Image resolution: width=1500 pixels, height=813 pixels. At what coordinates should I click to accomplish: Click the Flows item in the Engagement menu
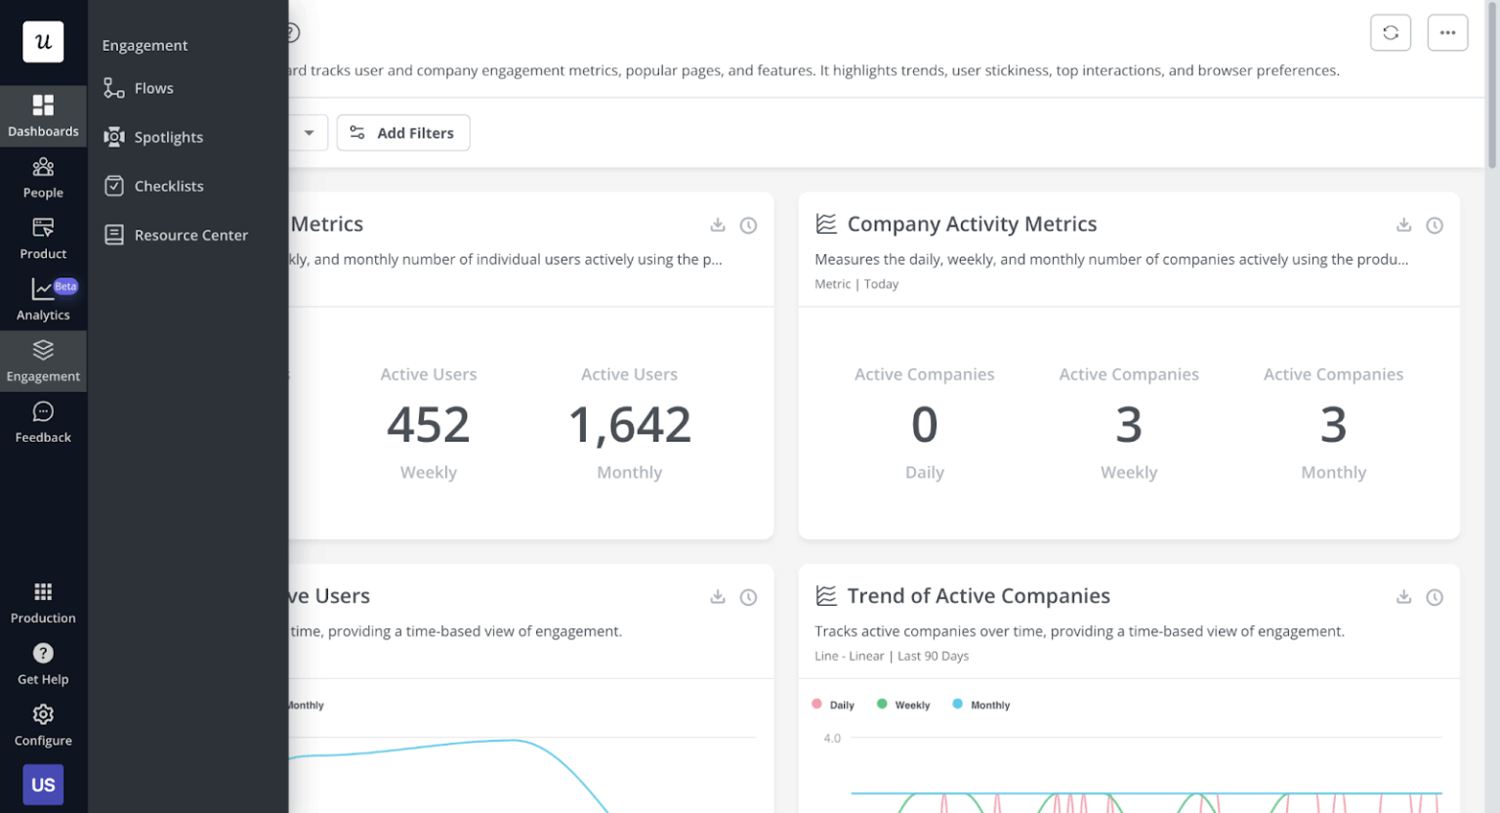tap(152, 88)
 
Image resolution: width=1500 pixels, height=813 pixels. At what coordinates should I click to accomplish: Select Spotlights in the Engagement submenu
tap(167, 137)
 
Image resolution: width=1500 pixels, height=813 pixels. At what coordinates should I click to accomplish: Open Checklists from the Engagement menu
tap(168, 186)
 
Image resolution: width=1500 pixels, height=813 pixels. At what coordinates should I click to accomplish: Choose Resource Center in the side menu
tap(190, 235)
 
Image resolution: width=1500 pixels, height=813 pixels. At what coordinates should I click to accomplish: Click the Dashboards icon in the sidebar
tap(43, 106)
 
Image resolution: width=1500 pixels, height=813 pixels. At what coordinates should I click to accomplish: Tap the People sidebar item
tap(43, 177)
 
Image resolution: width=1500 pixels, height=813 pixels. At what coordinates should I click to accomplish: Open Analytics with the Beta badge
tap(43, 299)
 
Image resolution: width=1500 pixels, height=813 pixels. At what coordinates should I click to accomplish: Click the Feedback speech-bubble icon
tap(43, 411)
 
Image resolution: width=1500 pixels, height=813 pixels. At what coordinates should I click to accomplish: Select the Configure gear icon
tap(43, 714)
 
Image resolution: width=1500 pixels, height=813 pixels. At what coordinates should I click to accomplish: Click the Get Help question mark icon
tap(43, 653)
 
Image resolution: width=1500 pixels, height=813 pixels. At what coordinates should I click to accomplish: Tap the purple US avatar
tap(43, 785)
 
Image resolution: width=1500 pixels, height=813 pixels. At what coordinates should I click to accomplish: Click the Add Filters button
tap(403, 133)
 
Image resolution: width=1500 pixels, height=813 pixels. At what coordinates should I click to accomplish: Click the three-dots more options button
tap(1447, 32)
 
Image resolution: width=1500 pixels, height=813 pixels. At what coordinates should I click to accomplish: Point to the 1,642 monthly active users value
tap(630, 425)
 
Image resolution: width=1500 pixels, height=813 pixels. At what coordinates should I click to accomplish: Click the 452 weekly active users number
tap(428, 425)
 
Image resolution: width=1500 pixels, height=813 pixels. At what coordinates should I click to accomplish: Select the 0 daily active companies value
tap(924, 425)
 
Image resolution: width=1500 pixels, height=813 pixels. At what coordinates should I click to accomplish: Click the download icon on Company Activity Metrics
tap(1403, 225)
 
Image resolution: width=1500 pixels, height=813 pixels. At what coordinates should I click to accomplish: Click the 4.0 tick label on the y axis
tap(832, 738)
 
